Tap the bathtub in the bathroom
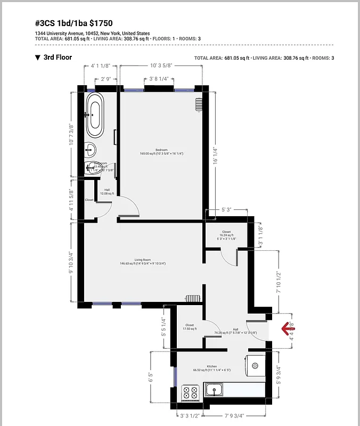coord(96,115)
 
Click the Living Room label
coord(135,260)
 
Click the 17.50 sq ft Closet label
coord(190,326)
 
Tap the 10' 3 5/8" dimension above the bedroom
coord(161,65)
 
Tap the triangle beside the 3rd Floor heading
coord(37,58)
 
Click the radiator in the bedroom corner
coord(199,104)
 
